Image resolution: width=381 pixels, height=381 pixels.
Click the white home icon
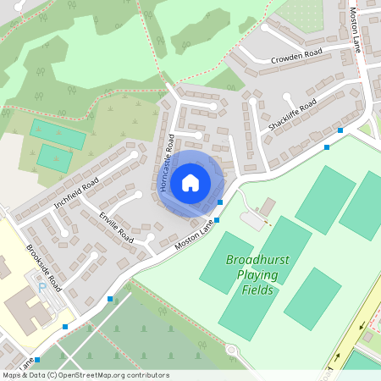190,182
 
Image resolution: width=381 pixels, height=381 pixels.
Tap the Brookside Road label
45,267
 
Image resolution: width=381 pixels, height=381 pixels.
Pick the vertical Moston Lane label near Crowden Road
356,30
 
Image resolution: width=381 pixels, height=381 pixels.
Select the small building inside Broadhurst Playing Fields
267,206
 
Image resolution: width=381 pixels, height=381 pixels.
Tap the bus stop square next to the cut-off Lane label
37,360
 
